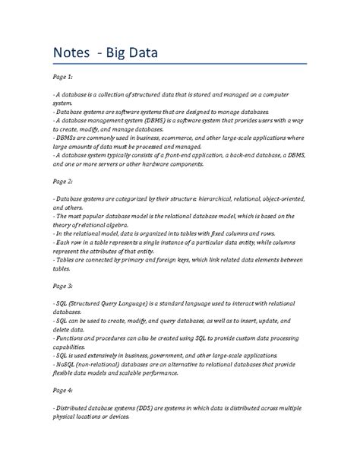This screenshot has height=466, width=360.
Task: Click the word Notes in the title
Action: [x=74, y=55]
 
